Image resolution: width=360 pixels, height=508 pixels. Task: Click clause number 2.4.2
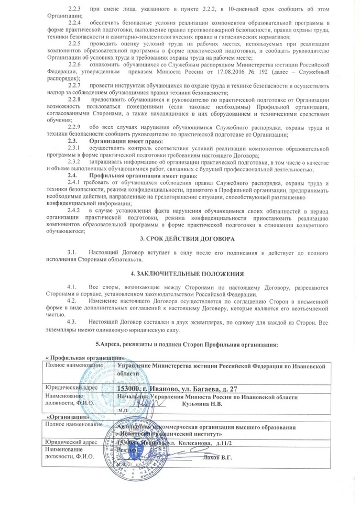pos(75,210)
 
